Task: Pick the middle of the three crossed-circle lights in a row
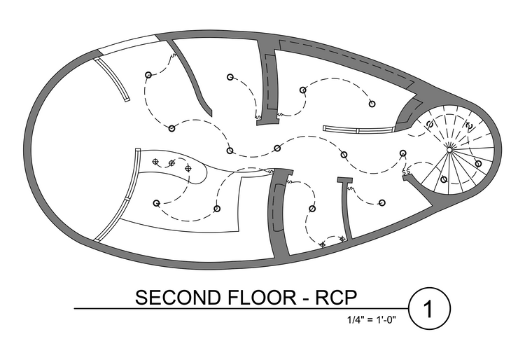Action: click(x=171, y=164)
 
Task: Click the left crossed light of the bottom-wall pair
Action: click(x=323, y=244)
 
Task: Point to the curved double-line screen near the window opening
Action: click(x=113, y=78)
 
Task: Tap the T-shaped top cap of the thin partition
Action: click(x=344, y=180)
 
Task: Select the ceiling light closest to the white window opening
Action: click(x=147, y=75)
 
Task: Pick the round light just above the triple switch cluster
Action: click(x=403, y=153)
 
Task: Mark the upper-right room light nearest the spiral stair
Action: click(x=372, y=103)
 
